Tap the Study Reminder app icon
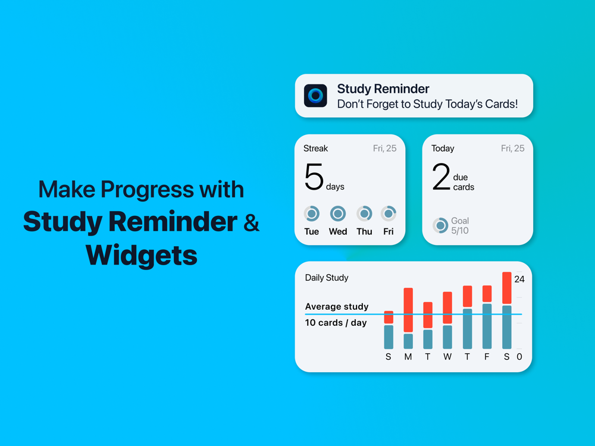(315, 96)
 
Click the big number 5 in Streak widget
(314, 177)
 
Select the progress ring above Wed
(338, 213)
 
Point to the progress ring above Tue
(312, 213)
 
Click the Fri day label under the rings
(388, 231)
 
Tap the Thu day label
(364, 231)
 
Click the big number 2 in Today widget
(441, 177)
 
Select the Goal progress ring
(440, 225)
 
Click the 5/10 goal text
(459, 231)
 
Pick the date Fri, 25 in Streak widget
(384, 148)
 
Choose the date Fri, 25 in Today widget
(512, 148)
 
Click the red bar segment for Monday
(408, 310)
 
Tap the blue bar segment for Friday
(487, 326)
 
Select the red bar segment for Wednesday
(447, 307)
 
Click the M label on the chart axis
(408, 357)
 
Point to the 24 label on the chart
(519, 279)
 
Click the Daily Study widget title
(327, 278)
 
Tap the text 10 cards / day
(336, 323)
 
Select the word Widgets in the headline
(142, 255)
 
